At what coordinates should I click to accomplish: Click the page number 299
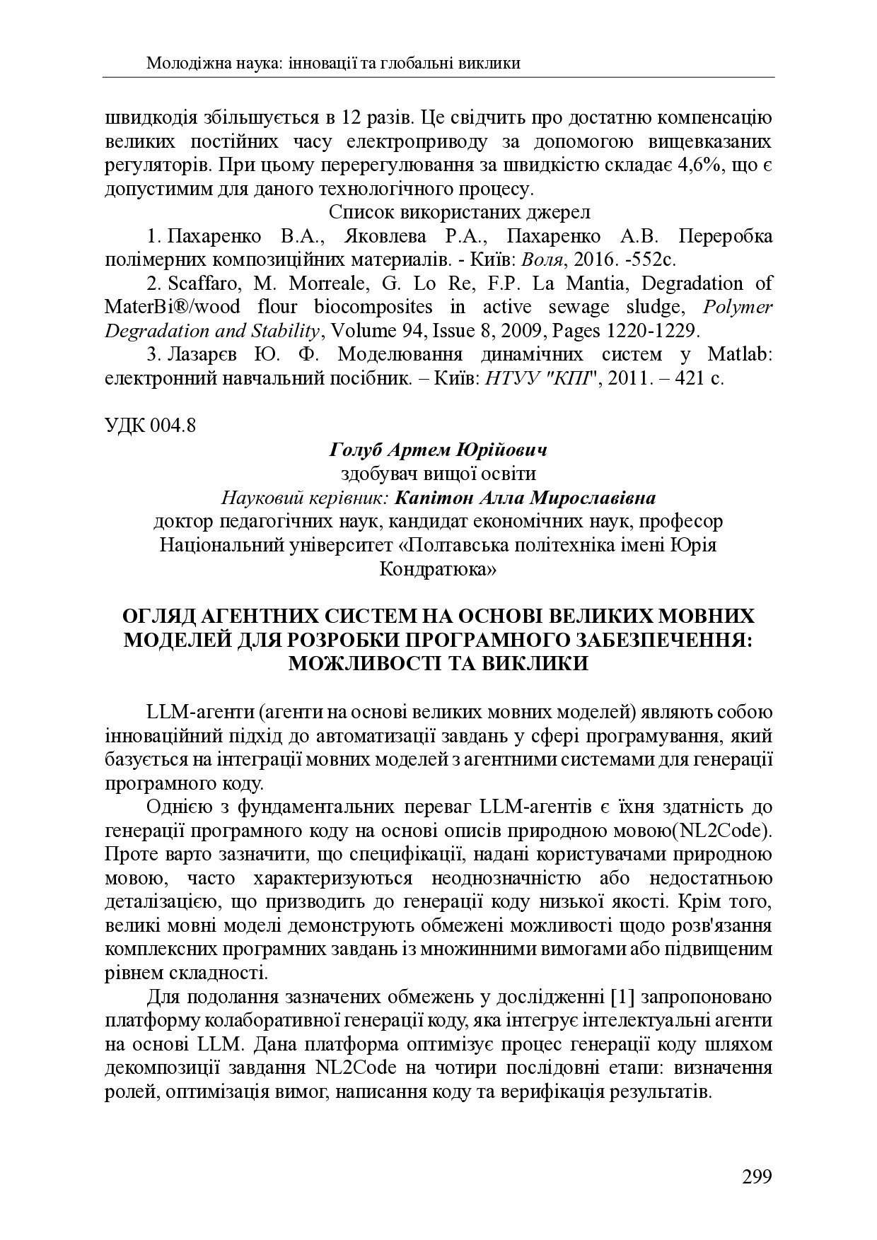coord(756,1176)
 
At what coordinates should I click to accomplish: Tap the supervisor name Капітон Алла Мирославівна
coord(525,498)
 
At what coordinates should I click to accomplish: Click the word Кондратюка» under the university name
coord(438,569)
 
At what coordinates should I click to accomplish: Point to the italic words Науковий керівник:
coord(305,498)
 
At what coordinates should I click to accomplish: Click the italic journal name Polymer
coord(739,308)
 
